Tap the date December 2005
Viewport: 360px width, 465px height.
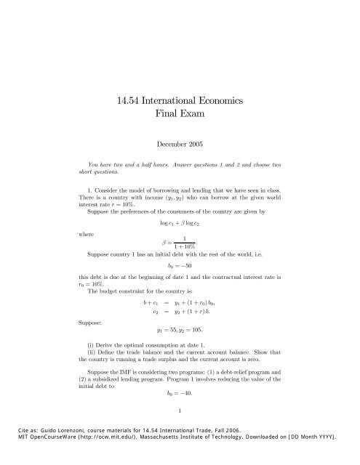180,145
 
